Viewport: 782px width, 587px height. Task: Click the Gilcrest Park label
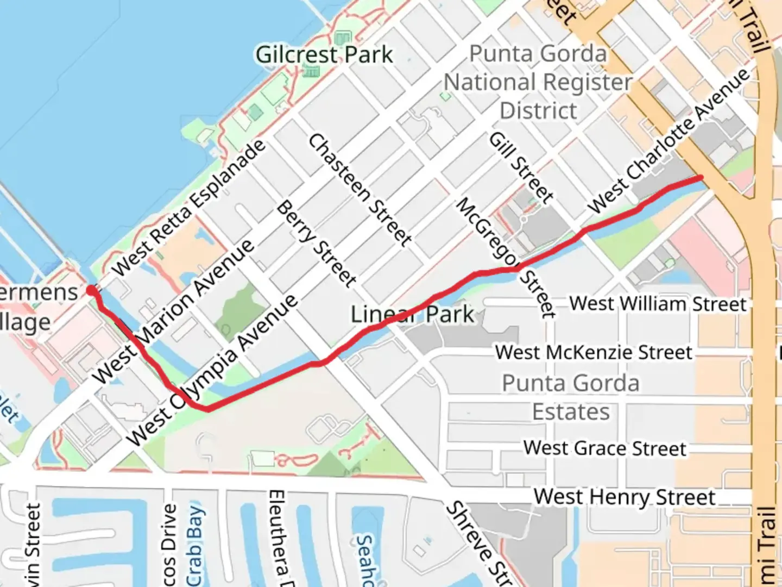coord(324,54)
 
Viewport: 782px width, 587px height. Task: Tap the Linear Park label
coord(412,315)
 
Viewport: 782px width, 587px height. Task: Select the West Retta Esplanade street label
coord(188,208)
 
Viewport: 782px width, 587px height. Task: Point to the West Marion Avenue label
coord(173,311)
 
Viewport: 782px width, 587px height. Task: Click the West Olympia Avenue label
coord(213,370)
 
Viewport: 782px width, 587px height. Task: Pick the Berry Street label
coord(317,243)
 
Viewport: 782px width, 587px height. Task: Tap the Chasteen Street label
coord(360,189)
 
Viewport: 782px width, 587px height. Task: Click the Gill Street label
coord(521,168)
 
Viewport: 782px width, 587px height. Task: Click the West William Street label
coord(658,303)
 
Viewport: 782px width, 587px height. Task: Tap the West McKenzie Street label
coord(594,352)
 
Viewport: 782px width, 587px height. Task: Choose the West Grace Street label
coord(605,448)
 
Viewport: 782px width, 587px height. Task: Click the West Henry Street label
coord(625,497)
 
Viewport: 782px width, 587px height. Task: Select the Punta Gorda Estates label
coord(571,397)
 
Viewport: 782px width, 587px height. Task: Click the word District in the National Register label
coord(538,111)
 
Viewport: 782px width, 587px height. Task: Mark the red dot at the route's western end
coord(91,291)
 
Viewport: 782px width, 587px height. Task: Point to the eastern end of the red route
coord(701,177)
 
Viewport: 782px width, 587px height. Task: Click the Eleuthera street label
coord(276,535)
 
